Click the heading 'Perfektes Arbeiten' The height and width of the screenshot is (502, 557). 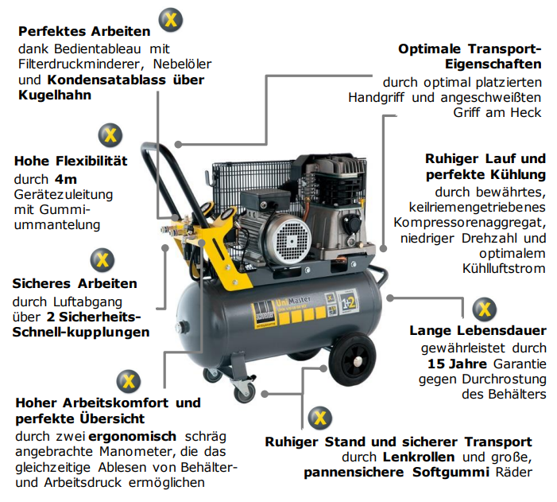tap(84, 31)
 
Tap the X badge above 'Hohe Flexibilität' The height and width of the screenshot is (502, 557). tap(110, 135)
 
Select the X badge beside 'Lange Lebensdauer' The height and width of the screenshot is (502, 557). tap(485, 309)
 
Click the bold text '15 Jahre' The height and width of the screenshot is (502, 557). tap(457, 364)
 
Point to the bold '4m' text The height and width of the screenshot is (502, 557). tap(66, 179)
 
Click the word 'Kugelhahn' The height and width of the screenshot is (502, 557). tap(55, 95)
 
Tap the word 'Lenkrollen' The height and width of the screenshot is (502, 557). tap(419, 457)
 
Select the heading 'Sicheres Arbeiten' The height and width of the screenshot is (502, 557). tap(75, 283)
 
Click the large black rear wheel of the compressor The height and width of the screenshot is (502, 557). tap(352, 360)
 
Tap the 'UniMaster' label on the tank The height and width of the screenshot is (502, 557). tap(292, 302)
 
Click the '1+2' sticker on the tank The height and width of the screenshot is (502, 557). tap(346, 303)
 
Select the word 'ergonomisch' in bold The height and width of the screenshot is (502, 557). tap(132, 436)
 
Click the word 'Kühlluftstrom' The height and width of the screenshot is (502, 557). tap(504, 268)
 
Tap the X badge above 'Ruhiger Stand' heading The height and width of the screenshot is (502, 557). tap(319, 418)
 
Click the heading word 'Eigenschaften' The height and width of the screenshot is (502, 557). tap(493, 64)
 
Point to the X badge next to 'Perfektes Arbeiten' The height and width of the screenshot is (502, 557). tap(171, 20)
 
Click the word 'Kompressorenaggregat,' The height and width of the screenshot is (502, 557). tap(470, 223)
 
